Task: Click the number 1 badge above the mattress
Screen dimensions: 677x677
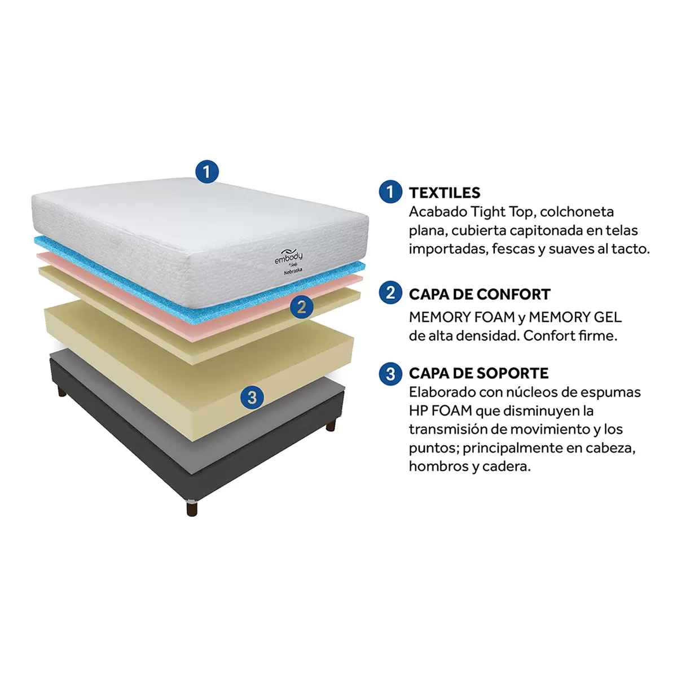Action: (x=207, y=172)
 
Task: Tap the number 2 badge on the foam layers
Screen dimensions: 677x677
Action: (x=301, y=307)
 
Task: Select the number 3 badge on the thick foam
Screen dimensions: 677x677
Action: (x=252, y=398)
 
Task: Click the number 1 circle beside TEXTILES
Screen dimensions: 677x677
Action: (x=390, y=191)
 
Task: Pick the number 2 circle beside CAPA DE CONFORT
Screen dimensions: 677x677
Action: (x=390, y=292)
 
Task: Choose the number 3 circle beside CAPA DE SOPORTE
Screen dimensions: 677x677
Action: (x=390, y=374)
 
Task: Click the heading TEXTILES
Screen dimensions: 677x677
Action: (x=445, y=193)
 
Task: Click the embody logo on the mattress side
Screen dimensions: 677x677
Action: (x=288, y=257)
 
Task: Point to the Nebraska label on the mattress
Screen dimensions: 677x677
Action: (x=293, y=272)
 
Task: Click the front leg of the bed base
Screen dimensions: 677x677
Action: (x=192, y=508)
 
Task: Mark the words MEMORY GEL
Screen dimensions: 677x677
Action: (x=575, y=317)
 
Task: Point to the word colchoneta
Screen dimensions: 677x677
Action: (x=577, y=212)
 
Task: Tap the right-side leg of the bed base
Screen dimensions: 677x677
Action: (x=331, y=425)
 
